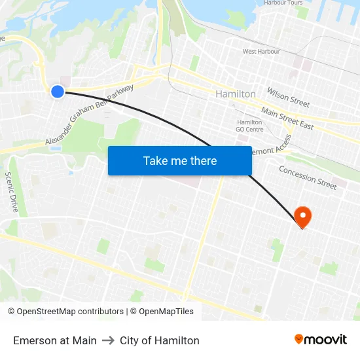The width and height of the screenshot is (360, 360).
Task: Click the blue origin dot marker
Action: [x=58, y=92]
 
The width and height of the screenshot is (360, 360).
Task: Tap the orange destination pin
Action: [x=303, y=215]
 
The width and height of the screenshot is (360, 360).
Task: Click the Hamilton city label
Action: [x=236, y=94]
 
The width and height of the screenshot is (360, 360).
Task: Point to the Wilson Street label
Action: [x=288, y=97]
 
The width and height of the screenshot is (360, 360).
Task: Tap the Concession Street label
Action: [x=308, y=177]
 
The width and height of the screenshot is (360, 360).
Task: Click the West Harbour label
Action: [x=261, y=51]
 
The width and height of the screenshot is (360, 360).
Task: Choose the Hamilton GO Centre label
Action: [x=250, y=126]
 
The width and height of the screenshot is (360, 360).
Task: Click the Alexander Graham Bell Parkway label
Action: [x=90, y=115]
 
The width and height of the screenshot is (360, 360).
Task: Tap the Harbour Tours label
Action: [x=283, y=3]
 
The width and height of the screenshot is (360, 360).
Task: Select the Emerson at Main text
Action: [x=55, y=340]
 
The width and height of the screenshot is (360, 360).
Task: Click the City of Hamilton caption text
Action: [x=160, y=340]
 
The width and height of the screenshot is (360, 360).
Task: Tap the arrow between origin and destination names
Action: [x=108, y=340]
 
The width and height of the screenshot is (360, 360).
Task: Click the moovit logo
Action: [x=320, y=339]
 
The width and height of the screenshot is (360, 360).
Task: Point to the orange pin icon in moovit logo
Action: [x=299, y=340]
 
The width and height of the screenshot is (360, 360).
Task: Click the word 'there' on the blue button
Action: [x=203, y=161]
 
